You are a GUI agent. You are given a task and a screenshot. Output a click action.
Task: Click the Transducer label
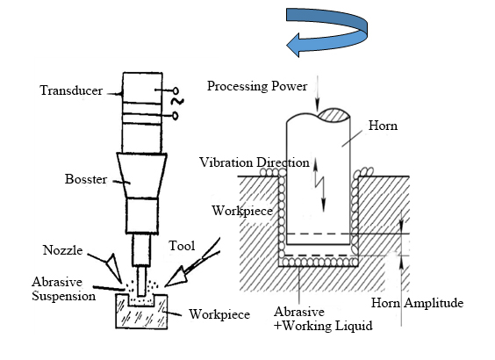click(x=69, y=90)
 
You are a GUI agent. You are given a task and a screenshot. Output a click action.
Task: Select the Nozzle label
click(x=63, y=249)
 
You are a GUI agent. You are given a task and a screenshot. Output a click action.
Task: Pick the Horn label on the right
click(x=384, y=126)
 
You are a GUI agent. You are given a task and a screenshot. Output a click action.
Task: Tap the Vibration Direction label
click(x=255, y=162)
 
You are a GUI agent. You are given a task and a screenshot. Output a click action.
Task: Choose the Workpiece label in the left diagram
click(x=214, y=314)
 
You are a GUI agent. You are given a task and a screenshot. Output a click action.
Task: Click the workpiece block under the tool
click(x=140, y=314)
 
